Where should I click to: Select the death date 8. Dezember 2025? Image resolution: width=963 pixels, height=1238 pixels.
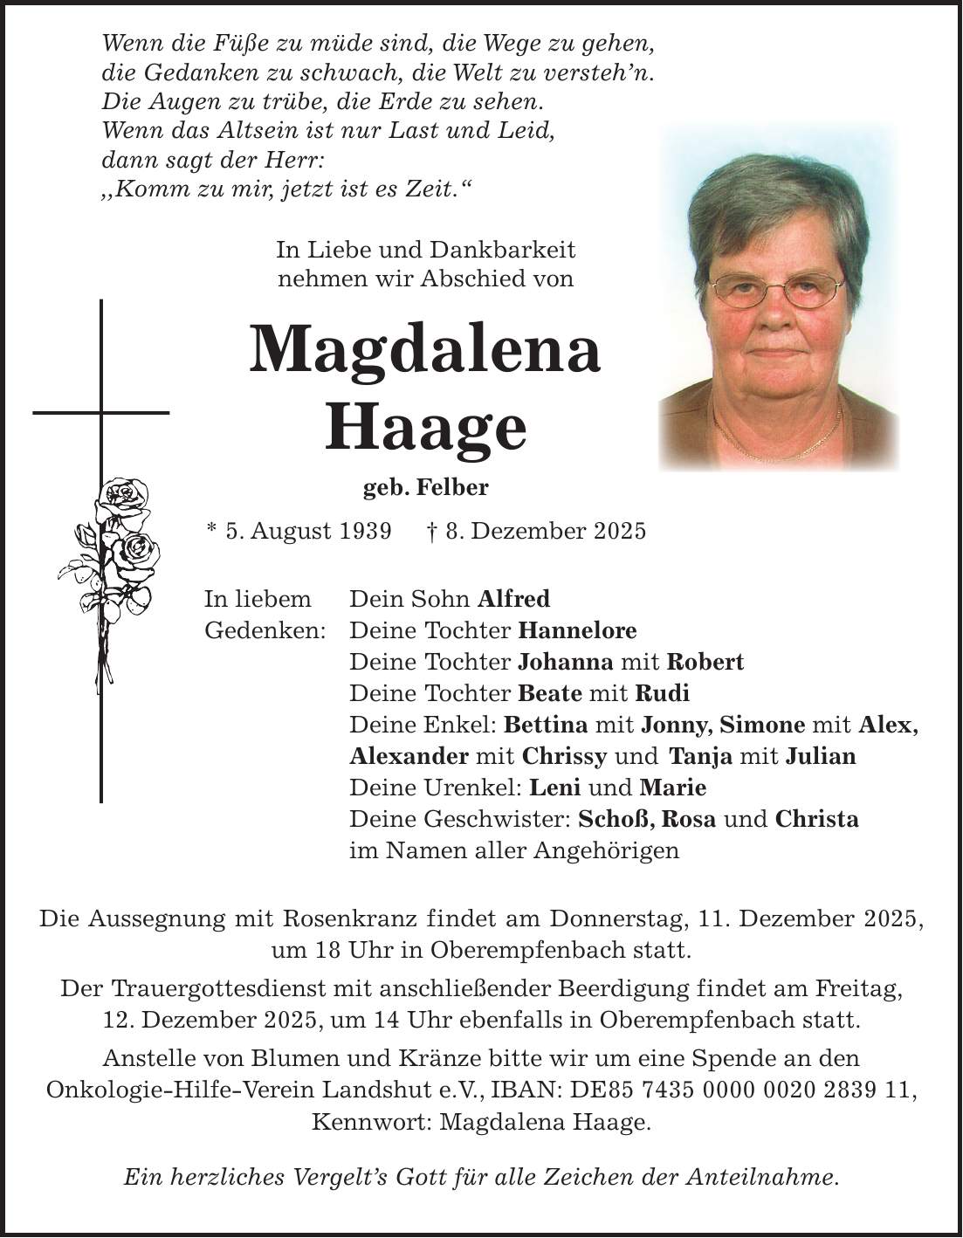546,530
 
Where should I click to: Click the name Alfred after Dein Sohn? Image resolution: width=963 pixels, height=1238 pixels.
514,599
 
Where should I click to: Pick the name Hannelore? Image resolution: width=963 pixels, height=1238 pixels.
577,630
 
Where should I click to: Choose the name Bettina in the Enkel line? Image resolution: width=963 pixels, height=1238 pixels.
547,725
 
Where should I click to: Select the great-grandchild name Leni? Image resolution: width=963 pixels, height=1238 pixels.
555,788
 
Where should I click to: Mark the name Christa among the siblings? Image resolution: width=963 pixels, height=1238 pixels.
816,819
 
